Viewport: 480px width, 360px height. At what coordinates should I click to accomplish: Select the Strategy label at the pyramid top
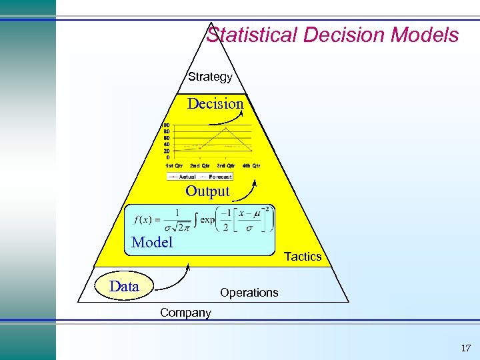(x=210, y=77)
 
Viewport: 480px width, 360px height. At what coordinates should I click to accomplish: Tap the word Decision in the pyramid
(x=215, y=103)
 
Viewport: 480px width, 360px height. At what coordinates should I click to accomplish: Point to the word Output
(x=207, y=191)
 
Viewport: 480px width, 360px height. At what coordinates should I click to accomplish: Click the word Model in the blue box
(x=152, y=242)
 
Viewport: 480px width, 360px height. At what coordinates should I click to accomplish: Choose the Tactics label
(x=303, y=257)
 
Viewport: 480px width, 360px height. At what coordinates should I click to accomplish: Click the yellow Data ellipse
(x=125, y=287)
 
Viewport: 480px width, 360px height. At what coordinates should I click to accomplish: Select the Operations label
(x=249, y=293)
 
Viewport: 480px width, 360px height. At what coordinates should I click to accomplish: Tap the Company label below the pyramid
(x=185, y=313)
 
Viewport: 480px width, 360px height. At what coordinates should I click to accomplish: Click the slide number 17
(x=465, y=348)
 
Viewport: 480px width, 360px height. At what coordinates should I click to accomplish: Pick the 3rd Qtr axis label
(x=225, y=165)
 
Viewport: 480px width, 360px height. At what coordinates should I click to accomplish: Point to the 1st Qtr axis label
(x=174, y=165)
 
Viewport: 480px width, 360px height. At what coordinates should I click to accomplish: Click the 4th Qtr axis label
(x=251, y=165)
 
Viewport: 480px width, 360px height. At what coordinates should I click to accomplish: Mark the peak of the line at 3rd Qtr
(x=227, y=128)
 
